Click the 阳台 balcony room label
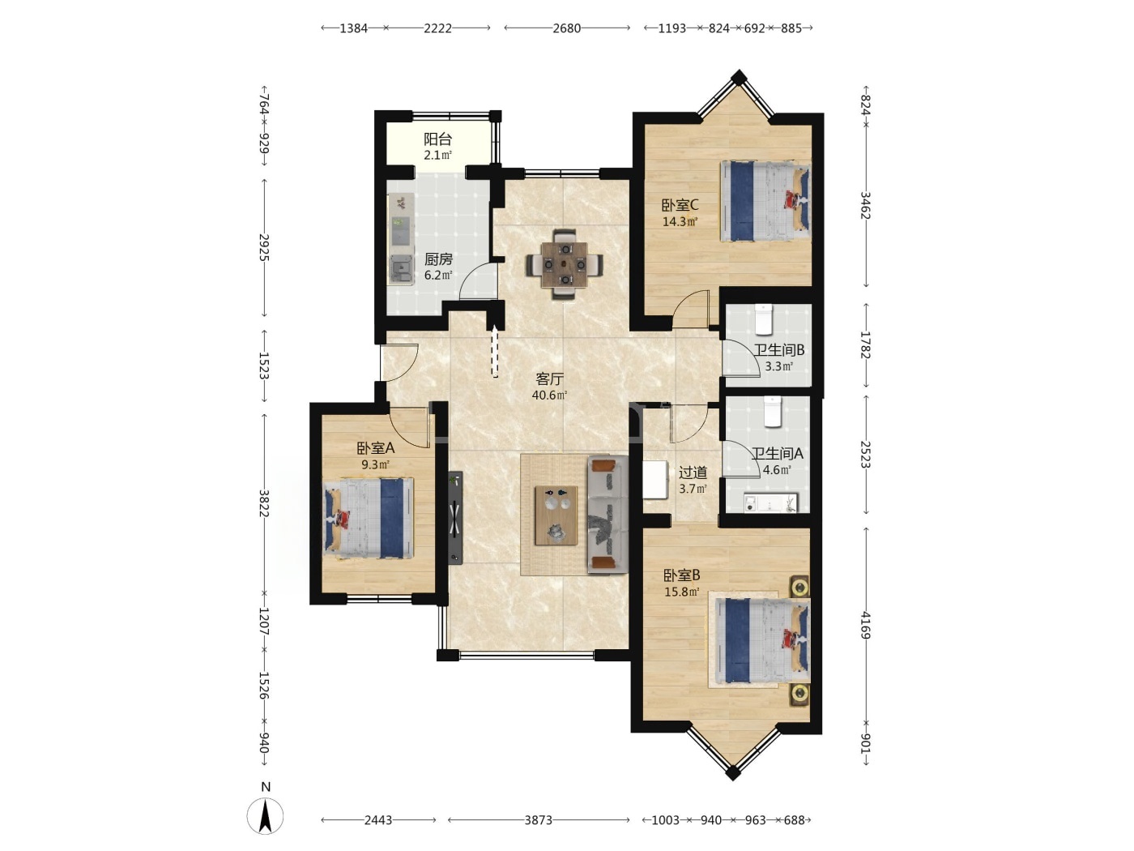(437, 139)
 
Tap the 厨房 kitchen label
(438, 259)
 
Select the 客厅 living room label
(549, 379)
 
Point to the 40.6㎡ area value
(549, 396)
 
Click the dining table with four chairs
(564, 264)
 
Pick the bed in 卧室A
(369, 518)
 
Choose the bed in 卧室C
(765, 200)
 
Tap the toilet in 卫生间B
(763, 319)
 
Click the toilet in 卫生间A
(773, 411)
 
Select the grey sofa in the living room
(607, 514)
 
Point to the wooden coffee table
(556, 515)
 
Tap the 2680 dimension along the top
(567, 28)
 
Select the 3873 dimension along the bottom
(539, 820)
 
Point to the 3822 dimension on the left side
(264, 502)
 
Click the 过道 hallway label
(693, 473)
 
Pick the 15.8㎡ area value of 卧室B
(682, 592)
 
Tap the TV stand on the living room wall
(456, 518)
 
